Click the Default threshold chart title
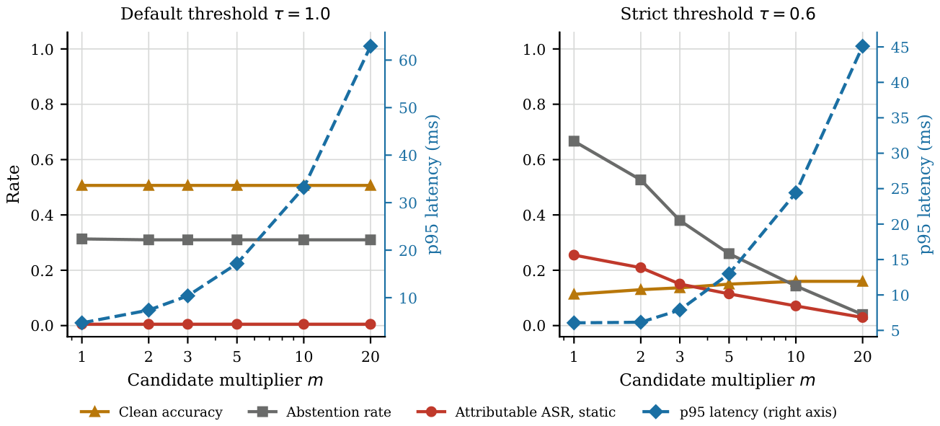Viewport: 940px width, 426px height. tap(226, 14)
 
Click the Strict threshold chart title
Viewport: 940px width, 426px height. tap(717, 14)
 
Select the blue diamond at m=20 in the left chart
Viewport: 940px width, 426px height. tap(370, 46)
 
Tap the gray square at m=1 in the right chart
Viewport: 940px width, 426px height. tap(574, 141)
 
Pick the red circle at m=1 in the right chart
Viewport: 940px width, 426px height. tap(574, 255)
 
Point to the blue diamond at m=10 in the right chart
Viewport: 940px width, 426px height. tap(796, 193)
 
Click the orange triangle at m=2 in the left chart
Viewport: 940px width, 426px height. tap(148, 185)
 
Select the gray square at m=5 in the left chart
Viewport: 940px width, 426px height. tap(237, 240)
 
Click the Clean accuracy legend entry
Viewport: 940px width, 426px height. tap(151, 412)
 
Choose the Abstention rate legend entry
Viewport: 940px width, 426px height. tap(319, 412)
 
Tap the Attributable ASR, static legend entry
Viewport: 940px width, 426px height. tap(516, 412)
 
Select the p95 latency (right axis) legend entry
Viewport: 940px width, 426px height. tap(740, 412)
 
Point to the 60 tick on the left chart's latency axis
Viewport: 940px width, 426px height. tap(407, 61)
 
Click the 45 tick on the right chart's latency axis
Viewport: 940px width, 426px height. tap(900, 48)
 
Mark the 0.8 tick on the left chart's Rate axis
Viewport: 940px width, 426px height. tap(43, 105)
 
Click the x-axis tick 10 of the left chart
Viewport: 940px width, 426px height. tap(303, 357)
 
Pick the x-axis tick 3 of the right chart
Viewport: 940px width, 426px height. tap(680, 357)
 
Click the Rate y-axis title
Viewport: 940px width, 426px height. tap(13, 185)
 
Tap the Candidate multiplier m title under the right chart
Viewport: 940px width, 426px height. tap(717, 381)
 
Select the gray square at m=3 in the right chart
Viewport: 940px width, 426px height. tap(680, 221)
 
